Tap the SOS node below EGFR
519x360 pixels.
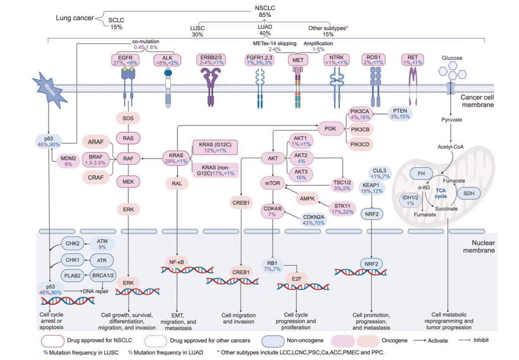pyautogui.click(x=128, y=118)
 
